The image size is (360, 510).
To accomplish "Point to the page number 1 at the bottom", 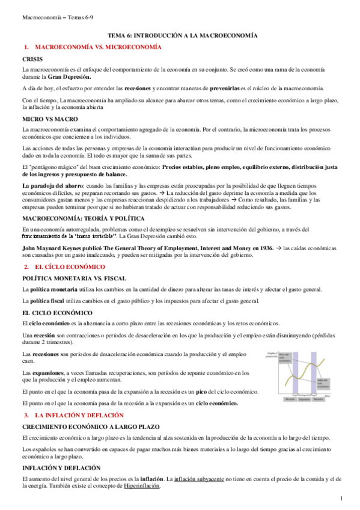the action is (x=341, y=498).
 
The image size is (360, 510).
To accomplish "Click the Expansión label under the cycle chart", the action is (x=304, y=399).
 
